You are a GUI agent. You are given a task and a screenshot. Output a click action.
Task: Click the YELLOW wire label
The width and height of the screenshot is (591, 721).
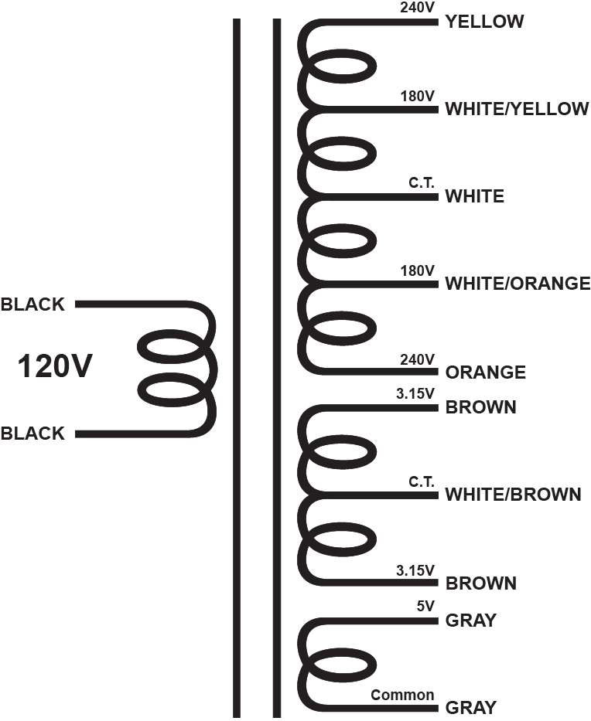click(x=484, y=22)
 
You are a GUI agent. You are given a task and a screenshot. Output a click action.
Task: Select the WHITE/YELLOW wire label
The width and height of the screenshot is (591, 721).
click(x=517, y=109)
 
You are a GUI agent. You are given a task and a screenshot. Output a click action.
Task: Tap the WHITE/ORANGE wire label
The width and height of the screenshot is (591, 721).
click(x=518, y=284)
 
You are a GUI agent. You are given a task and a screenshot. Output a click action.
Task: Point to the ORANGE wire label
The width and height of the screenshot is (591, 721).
click(x=486, y=372)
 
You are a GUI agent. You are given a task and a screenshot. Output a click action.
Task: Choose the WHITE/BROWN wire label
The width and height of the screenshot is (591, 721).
click(x=513, y=495)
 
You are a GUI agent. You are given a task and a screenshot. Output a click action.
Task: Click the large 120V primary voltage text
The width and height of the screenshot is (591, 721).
click(x=55, y=366)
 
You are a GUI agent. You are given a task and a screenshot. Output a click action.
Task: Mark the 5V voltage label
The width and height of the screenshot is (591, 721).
click(x=425, y=607)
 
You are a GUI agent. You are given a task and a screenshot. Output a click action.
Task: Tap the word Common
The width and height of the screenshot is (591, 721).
click(x=402, y=695)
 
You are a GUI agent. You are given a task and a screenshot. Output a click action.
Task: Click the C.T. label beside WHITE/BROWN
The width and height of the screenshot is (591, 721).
click(x=422, y=482)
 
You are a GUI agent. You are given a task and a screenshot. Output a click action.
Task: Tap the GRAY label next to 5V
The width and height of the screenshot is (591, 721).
click(x=471, y=621)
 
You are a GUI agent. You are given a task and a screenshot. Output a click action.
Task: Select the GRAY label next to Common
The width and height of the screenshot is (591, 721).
click(x=471, y=707)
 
